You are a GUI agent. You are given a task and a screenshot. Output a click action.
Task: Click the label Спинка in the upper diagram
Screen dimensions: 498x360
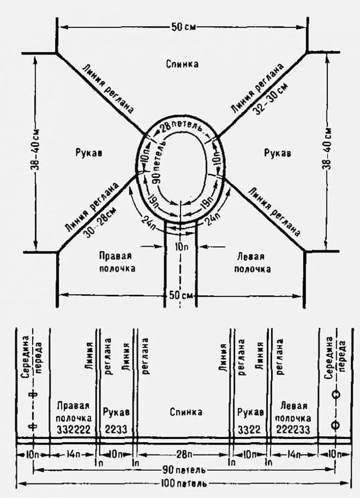pos(182,64)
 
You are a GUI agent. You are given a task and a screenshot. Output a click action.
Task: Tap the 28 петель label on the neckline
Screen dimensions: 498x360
pos(181,128)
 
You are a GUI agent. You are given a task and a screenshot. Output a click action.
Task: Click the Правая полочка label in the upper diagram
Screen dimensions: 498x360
pos(117,262)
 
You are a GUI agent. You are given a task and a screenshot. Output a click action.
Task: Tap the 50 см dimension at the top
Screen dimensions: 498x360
pos(183,27)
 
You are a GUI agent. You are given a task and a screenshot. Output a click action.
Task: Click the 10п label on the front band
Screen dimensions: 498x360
pos(181,246)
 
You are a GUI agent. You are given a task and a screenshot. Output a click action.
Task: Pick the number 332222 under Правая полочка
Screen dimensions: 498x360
pos(73,429)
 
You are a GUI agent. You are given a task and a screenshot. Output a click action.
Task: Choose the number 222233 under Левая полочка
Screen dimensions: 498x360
pos(294,429)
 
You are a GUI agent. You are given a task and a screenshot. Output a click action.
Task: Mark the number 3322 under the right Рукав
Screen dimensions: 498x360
pos(250,429)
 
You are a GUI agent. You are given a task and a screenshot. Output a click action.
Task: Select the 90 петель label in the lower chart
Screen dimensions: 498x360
pos(184,470)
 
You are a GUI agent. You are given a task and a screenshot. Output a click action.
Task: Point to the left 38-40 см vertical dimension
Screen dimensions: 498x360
pos(36,153)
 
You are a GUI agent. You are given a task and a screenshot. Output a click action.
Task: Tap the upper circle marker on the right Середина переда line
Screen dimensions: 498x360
pos(336,394)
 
